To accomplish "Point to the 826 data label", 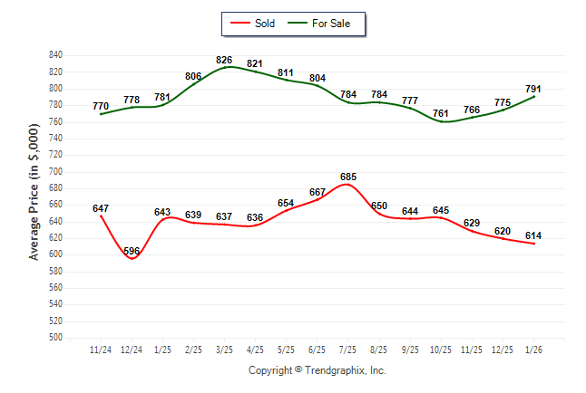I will point(224,60).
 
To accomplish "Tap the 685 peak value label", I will point(347,177).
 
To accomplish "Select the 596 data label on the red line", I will point(132,251).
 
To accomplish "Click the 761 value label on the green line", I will point(441,113).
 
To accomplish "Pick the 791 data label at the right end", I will point(533,89).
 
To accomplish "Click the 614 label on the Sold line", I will point(533,236).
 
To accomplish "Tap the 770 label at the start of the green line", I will point(101,106).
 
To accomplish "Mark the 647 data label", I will point(101,208).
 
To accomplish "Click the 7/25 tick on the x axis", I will point(347,350).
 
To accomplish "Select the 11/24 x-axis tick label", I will point(101,350).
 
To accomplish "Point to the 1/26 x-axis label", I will point(533,350).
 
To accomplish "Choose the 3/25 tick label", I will point(224,350).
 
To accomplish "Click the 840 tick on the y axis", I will point(55,55).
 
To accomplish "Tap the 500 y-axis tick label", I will point(55,338).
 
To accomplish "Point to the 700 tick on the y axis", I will point(55,171).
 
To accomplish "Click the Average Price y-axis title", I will point(34,195).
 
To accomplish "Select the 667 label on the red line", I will point(317,192).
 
